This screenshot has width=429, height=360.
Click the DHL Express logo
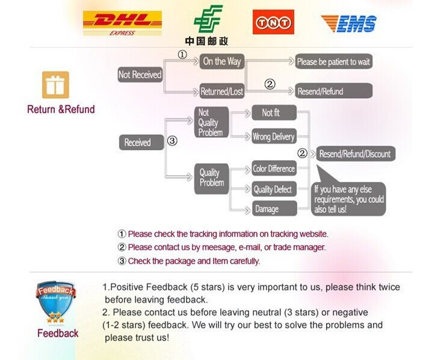coord(122,23)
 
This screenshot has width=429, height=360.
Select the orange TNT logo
coord(273,22)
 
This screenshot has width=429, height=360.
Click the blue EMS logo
coord(348,24)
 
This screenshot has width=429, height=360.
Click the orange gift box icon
coord(55,85)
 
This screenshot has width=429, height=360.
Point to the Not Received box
coord(140,75)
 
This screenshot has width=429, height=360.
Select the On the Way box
coord(221,61)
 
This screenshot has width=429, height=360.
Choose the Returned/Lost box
coord(221,92)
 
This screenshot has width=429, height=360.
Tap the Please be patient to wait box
coord(334,61)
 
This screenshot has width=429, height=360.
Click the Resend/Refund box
coord(334,92)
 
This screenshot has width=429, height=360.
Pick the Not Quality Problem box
coord(211,122)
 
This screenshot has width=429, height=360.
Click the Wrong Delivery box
coord(274,137)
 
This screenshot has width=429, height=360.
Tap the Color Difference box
coord(274,169)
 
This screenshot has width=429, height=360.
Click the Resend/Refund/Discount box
coord(354,154)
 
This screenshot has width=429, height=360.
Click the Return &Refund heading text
coord(61,110)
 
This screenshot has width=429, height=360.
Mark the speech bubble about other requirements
coord(349,199)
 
